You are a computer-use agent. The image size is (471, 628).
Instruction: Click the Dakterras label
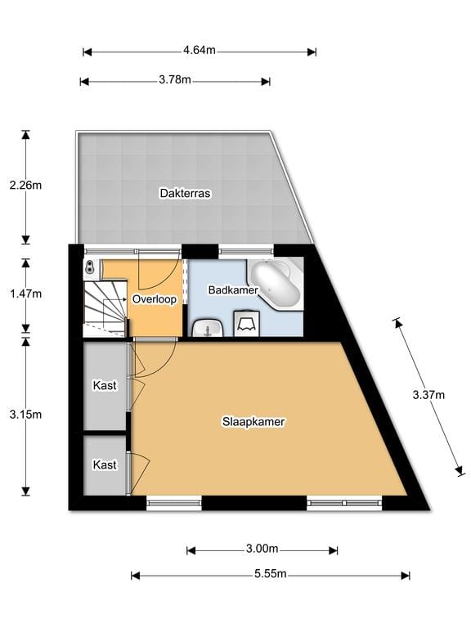tap(186, 194)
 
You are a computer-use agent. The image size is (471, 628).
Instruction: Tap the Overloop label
tap(155, 299)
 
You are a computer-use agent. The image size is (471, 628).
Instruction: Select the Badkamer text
tap(233, 290)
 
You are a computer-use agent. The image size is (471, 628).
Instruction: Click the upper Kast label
tap(105, 384)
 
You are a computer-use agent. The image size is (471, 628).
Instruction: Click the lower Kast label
tap(105, 464)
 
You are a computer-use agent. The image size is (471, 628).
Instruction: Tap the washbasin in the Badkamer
tap(209, 328)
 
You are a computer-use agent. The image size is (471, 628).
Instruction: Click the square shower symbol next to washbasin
tap(246, 324)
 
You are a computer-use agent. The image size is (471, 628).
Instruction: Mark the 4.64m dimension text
tap(199, 51)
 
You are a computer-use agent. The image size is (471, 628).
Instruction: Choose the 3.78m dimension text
tap(174, 80)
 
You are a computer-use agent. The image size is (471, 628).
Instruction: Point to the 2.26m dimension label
tap(25, 186)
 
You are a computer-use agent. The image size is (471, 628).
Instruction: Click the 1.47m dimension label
tap(25, 293)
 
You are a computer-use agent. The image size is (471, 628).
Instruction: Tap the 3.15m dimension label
tap(25, 415)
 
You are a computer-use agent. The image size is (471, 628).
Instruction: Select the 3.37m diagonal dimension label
tap(428, 395)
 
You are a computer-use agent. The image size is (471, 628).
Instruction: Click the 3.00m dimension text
tap(262, 549)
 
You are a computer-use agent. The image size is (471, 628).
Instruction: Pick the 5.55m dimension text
tap(270, 575)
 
